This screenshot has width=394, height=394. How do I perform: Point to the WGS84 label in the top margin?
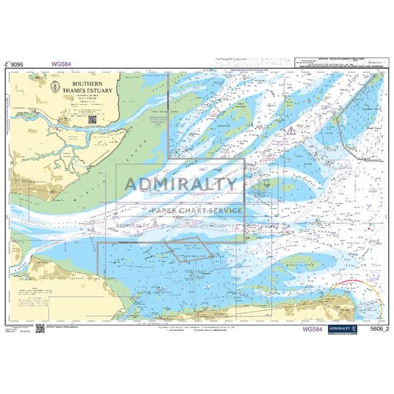[61, 63]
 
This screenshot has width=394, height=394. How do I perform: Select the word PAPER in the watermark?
[164, 211]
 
